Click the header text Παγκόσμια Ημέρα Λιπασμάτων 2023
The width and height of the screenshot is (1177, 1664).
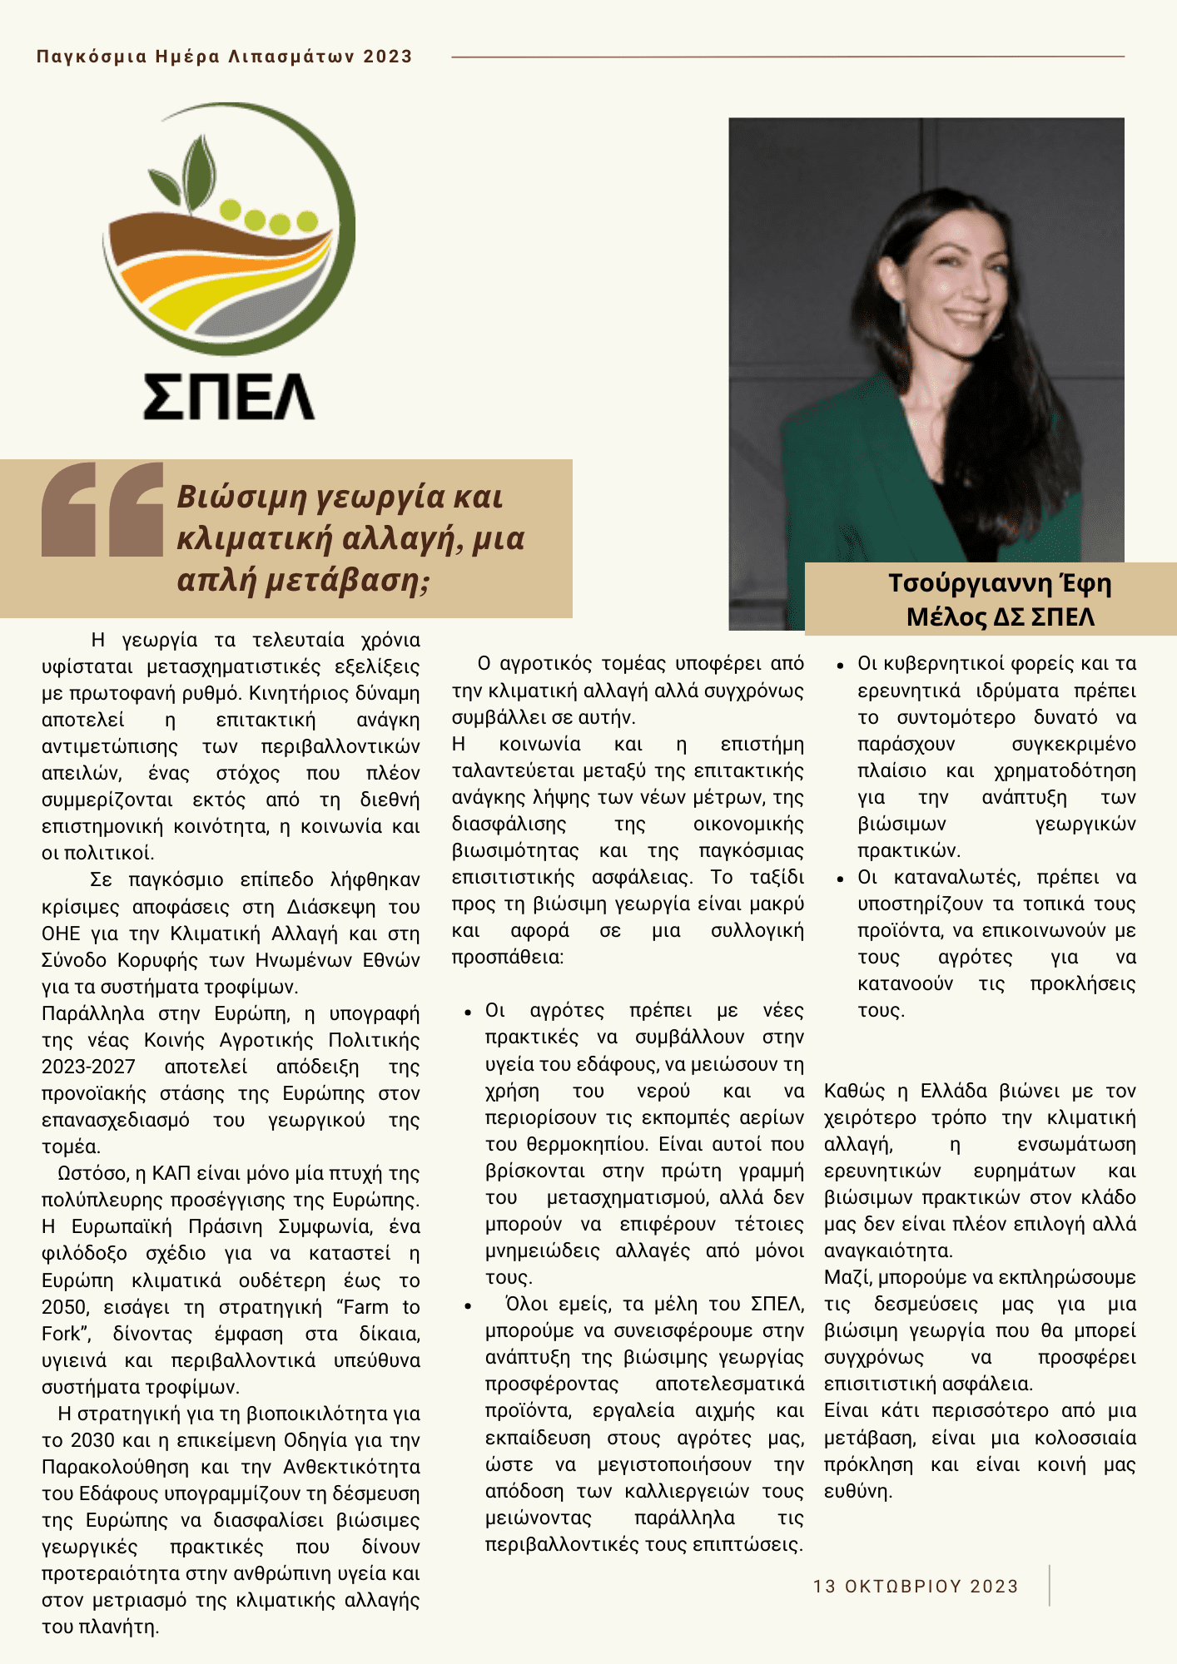[x=225, y=57]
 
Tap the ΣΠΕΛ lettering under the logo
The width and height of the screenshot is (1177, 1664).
[x=229, y=395]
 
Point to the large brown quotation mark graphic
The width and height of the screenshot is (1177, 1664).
[x=102, y=509]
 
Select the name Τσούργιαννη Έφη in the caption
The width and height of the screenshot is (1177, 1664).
[x=999, y=583]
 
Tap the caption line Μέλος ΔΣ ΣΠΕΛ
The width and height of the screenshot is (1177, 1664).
[x=1000, y=617]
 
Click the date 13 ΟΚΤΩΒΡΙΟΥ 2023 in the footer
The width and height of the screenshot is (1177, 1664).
[x=916, y=1586]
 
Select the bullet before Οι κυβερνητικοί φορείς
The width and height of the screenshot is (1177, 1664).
[x=841, y=666]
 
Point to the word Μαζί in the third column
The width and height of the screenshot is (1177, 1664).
[x=847, y=1277]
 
